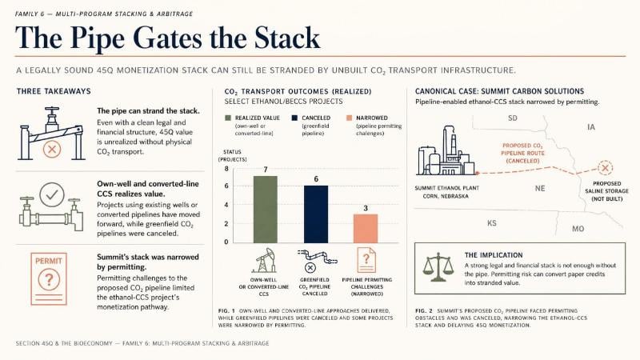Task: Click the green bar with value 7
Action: [266, 210]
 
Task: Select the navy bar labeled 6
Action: [316, 214]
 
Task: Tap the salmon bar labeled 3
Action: [366, 229]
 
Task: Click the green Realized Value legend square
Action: [228, 118]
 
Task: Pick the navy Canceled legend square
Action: [294, 118]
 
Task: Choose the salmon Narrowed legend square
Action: [349, 118]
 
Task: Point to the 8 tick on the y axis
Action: [226, 169]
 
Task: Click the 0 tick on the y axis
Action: [226, 242]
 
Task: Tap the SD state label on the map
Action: [513, 118]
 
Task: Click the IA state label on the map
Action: [591, 127]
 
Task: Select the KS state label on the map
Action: [492, 223]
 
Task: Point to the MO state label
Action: [578, 229]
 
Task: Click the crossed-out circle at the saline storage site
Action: [606, 168]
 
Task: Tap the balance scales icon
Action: [438, 267]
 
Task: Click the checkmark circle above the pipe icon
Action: [52, 194]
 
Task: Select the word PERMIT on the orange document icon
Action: [49, 261]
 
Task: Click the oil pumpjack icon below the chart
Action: [264, 261]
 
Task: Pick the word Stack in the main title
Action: [287, 38]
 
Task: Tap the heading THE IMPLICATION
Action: [494, 255]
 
